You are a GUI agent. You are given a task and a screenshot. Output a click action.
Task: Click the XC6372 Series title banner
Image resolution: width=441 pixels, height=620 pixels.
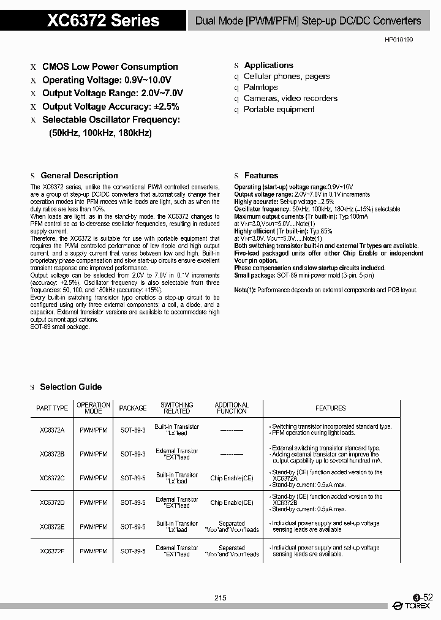click(x=104, y=20)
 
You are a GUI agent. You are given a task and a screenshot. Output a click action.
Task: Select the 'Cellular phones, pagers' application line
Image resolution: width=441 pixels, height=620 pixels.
click(x=287, y=77)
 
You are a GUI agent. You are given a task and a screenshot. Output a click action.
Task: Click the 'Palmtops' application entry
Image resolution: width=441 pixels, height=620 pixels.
click(x=261, y=88)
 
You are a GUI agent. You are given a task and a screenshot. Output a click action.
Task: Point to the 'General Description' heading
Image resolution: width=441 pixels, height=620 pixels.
click(x=79, y=175)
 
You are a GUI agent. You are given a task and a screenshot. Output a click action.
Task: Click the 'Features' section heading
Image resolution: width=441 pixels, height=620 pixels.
click(x=261, y=175)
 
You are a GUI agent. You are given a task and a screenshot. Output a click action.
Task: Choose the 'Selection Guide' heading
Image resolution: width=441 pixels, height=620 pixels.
click(x=71, y=387)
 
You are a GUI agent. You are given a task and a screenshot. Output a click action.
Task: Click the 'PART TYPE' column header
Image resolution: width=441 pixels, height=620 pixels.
click(x=52, y=408)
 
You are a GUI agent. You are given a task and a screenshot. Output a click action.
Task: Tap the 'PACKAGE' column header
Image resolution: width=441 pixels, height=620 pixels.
click(x=133, y=408)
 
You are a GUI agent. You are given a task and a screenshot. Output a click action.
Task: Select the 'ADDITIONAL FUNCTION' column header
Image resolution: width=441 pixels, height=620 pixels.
click(x=232, y=408)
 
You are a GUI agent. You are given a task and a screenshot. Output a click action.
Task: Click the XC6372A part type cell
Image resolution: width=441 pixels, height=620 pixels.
click(x=52, y=430)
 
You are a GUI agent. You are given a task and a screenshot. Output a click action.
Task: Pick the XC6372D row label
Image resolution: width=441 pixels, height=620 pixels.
click(x=52, y=502)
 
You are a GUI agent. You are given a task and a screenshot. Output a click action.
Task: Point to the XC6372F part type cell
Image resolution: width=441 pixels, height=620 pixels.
click(x=52, y=551)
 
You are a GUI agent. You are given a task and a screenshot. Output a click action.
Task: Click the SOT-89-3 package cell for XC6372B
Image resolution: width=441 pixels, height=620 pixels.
click(x=133, y=454)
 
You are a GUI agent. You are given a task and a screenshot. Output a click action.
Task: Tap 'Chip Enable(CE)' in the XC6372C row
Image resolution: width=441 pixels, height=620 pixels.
click(x=232, y=478)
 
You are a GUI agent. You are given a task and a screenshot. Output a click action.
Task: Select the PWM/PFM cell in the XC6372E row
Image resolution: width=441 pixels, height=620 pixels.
click(x=93, y=526)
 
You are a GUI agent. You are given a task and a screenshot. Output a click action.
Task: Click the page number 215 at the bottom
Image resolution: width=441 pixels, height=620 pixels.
click(x=221, y=598)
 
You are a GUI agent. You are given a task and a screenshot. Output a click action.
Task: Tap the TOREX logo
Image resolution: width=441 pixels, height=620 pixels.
click(x=412, y=606)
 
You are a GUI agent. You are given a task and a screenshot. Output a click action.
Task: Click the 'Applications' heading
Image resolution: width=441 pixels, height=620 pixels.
click(x=268, y=65)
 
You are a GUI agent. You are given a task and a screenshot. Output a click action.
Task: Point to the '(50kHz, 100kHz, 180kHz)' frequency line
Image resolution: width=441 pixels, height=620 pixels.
click(x=100, y=133)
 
